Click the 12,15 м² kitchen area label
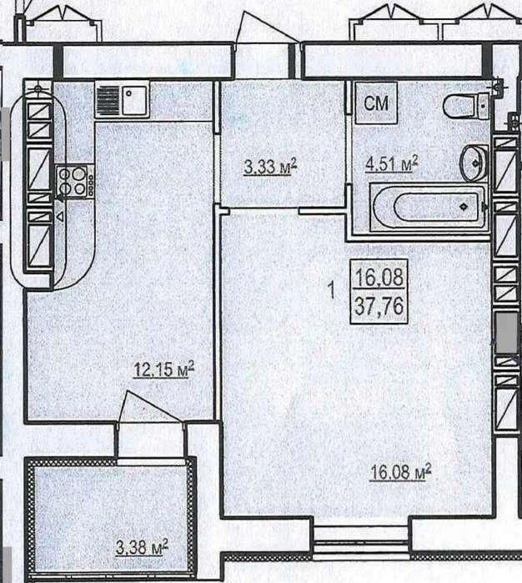(x=164, y=369)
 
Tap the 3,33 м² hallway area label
(x=270, y=167)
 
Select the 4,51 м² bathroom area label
(x=392, y=163)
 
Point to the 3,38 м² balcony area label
(x=142, y=547)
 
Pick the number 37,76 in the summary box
(x=379, y=306)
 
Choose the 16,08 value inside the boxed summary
(x=379, y=277)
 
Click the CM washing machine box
(x=376, y=103)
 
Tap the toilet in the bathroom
(x=466, y=106)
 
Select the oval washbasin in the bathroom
(x=474, y=163)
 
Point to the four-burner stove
(x=74, y=182)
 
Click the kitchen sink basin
(x=135, y=99)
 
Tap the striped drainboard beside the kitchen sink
(x=108, y=99)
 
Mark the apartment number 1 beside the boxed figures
(x=333, y=290)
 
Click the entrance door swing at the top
(x=267, y=28)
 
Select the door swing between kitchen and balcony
(x=150, y=407)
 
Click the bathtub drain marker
(x=464, y=206)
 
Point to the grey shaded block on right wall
(x=506, y=333)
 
